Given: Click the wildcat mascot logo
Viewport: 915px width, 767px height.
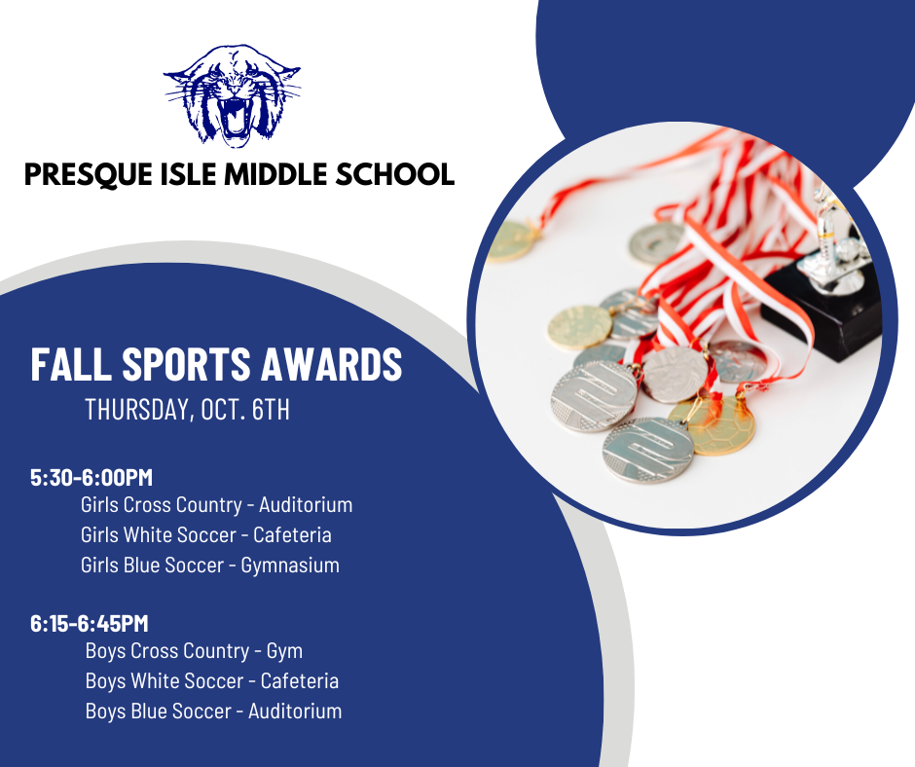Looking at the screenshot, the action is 233,95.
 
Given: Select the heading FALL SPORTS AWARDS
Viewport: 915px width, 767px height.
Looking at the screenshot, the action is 216,364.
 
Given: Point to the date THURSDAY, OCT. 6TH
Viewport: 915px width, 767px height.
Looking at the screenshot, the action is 187,409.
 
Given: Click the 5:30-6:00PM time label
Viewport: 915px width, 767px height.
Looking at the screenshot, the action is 91,478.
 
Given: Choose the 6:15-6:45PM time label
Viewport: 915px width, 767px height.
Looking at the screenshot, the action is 90,623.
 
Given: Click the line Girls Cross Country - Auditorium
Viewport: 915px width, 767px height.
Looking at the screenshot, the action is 216,505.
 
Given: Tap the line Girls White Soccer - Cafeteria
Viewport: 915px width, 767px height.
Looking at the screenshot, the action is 206,534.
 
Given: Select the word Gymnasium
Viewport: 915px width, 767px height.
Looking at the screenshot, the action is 290,566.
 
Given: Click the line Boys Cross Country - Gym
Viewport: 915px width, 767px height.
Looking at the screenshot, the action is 194,651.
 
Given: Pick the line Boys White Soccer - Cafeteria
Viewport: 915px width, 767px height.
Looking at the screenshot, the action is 212,681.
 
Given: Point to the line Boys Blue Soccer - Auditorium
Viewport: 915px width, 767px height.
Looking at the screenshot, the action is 213,712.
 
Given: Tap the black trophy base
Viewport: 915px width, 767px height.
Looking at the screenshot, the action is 822,312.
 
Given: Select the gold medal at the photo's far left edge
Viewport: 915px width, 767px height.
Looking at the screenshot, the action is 511,240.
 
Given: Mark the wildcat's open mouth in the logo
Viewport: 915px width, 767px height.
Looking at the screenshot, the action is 236,117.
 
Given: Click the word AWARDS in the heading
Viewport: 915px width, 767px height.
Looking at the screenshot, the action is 332,364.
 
